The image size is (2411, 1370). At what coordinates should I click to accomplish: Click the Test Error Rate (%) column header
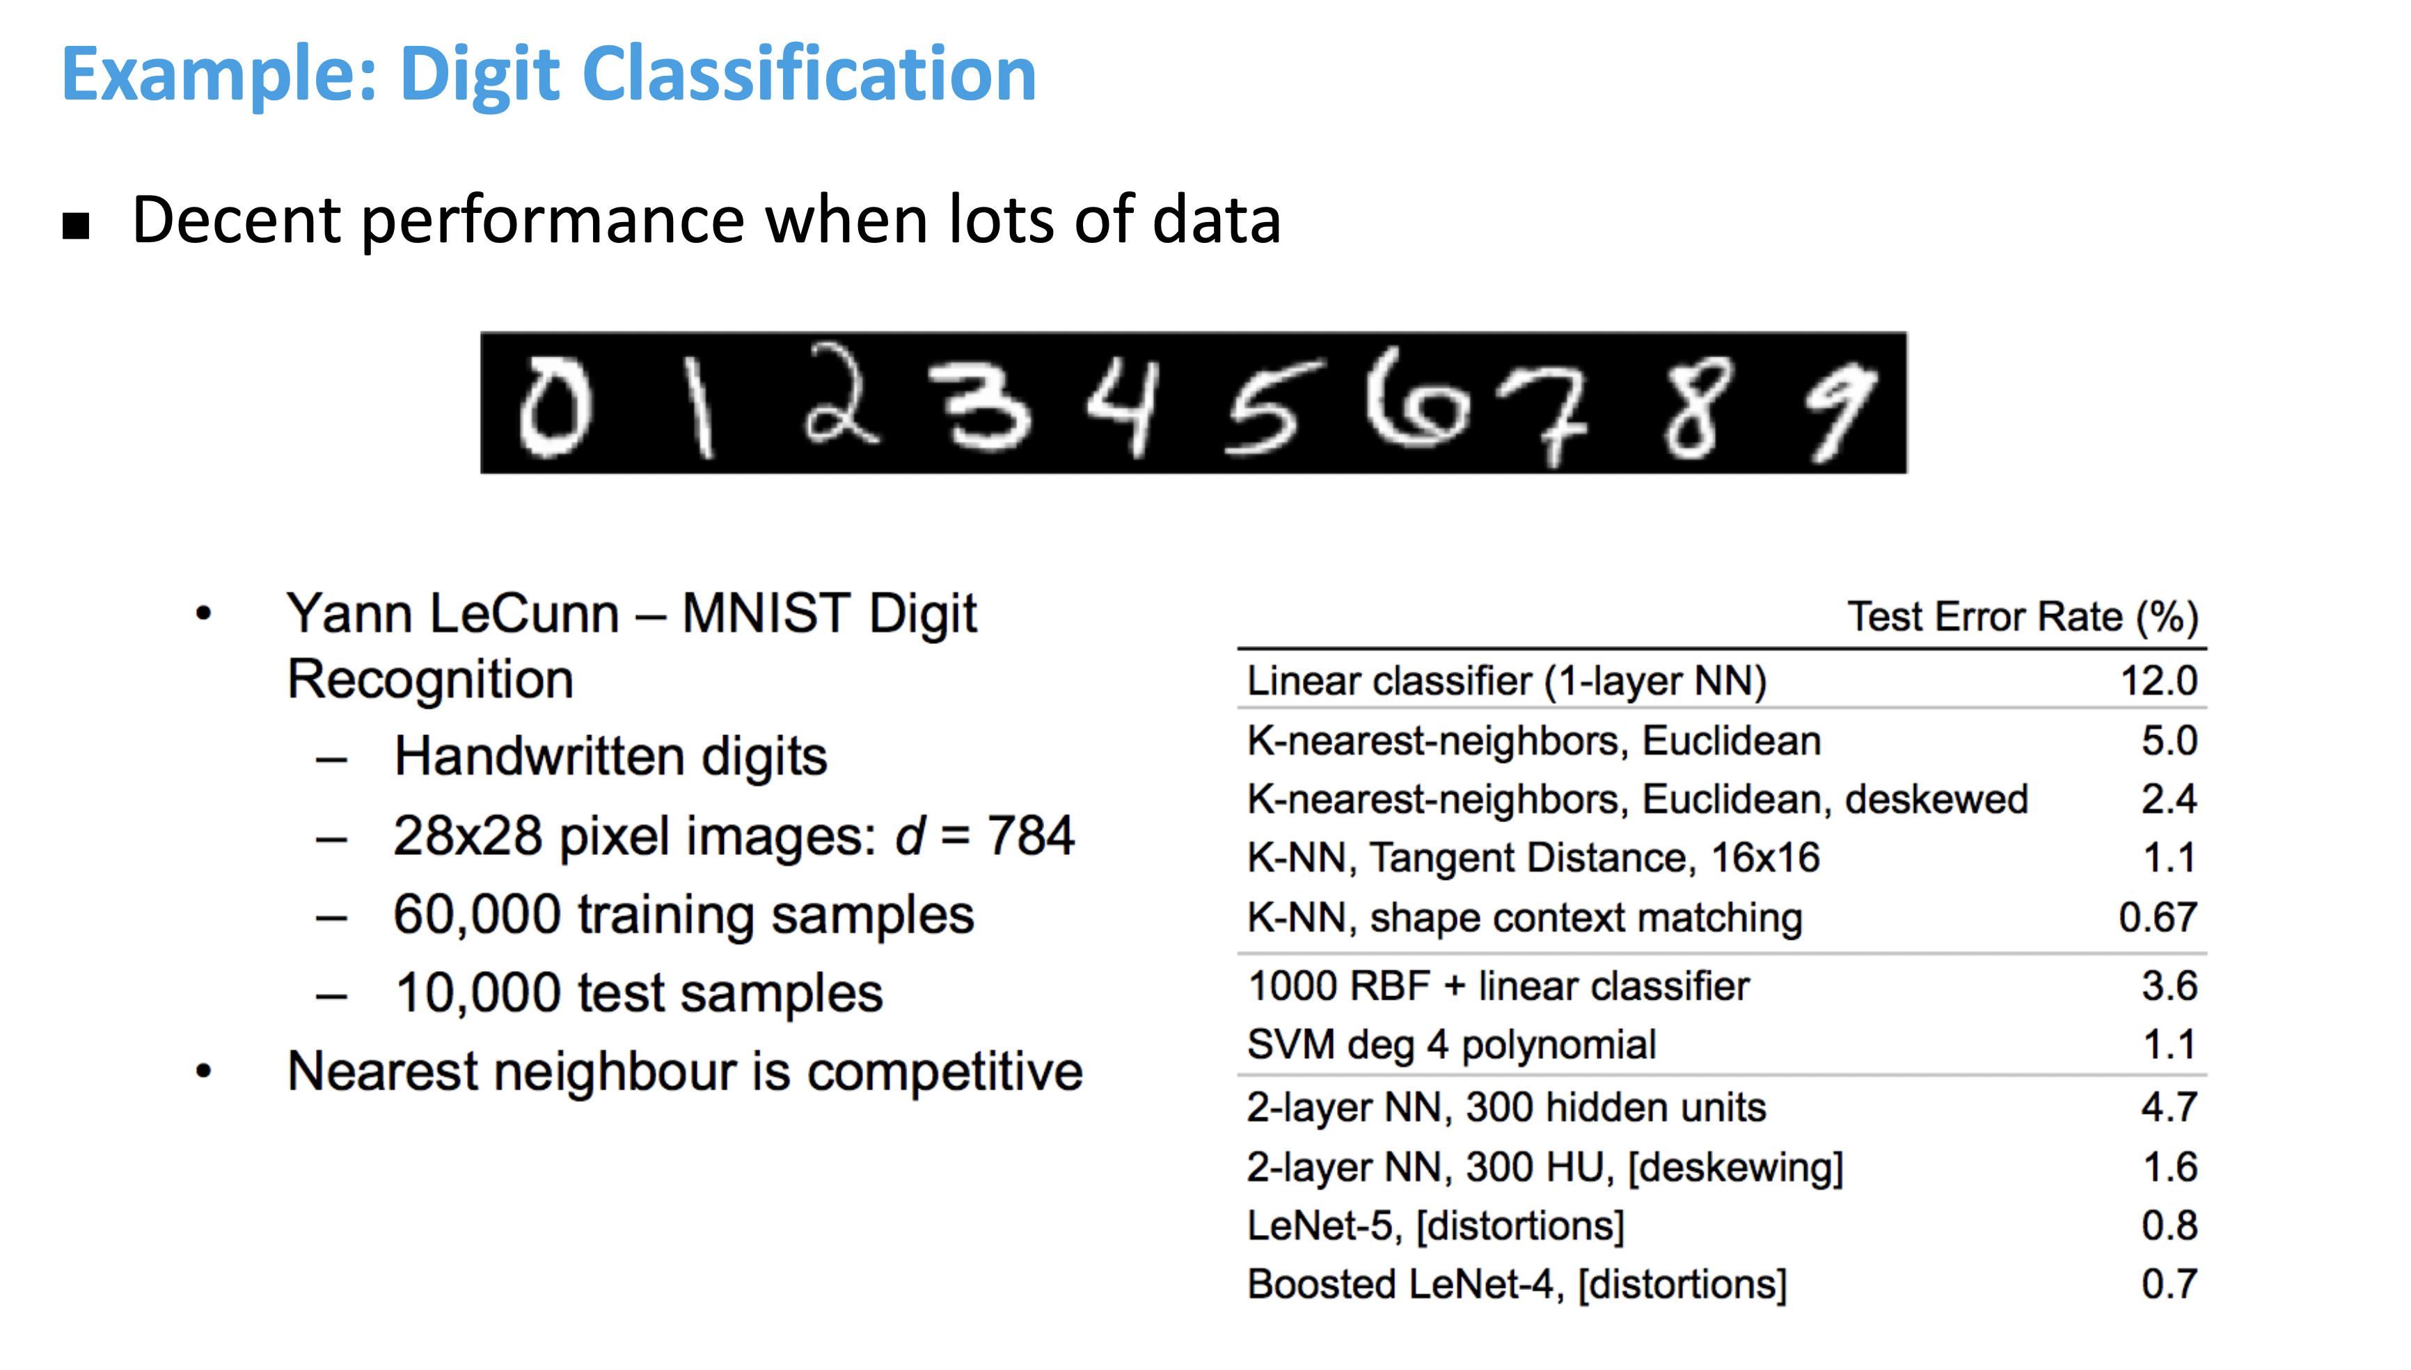coord(2023,617)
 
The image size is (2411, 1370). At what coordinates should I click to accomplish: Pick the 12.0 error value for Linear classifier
coord(2158,680)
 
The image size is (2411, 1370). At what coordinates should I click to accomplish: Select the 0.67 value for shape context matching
coord(2157,917)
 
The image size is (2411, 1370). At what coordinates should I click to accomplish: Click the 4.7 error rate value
coord(2168,1108)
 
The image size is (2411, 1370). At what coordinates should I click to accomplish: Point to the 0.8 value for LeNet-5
coord(2168,1225)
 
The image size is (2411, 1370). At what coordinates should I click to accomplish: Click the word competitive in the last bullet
coord(944,1072)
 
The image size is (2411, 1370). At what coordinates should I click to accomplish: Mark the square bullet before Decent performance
coord(76,226)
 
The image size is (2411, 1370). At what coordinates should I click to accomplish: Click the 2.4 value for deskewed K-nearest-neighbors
coord(2168,799)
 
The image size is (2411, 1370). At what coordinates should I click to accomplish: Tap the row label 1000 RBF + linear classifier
coord(1498,986)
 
